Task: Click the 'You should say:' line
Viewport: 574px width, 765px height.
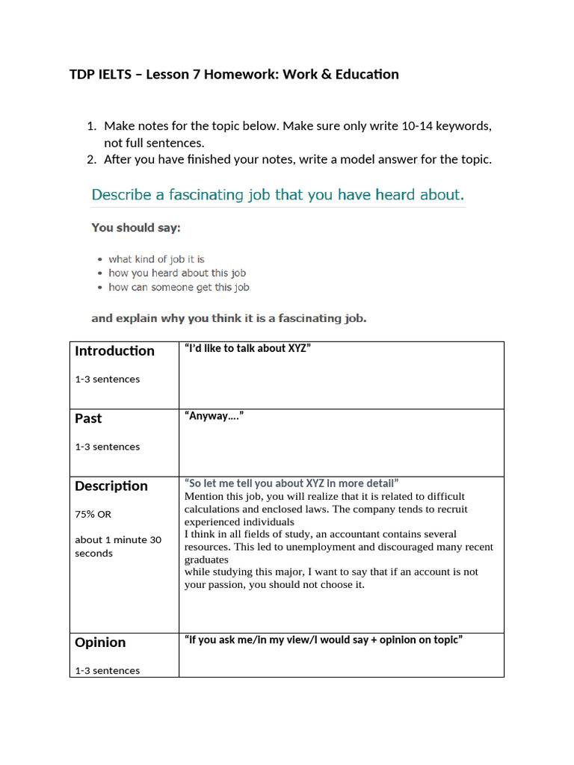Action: (x=135, y=227)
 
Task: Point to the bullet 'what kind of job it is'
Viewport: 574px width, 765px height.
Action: (x=156, y=259)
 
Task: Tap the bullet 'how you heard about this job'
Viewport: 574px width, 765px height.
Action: (x=176, y=273)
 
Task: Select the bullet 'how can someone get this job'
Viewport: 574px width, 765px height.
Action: (x=179, y=288)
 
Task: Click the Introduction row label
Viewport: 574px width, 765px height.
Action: (x=114, y=351)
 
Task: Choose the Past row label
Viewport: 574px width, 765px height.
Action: (x=88, y=418)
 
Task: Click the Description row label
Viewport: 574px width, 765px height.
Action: (x=111, y=486)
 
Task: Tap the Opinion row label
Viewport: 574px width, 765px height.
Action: (x=100, y=642)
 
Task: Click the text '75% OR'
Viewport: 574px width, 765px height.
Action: (x=93, y=515)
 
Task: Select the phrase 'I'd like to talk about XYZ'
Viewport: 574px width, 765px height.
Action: (x=247, y=348)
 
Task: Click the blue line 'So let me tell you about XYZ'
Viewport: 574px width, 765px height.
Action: (x=291, y=483)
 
